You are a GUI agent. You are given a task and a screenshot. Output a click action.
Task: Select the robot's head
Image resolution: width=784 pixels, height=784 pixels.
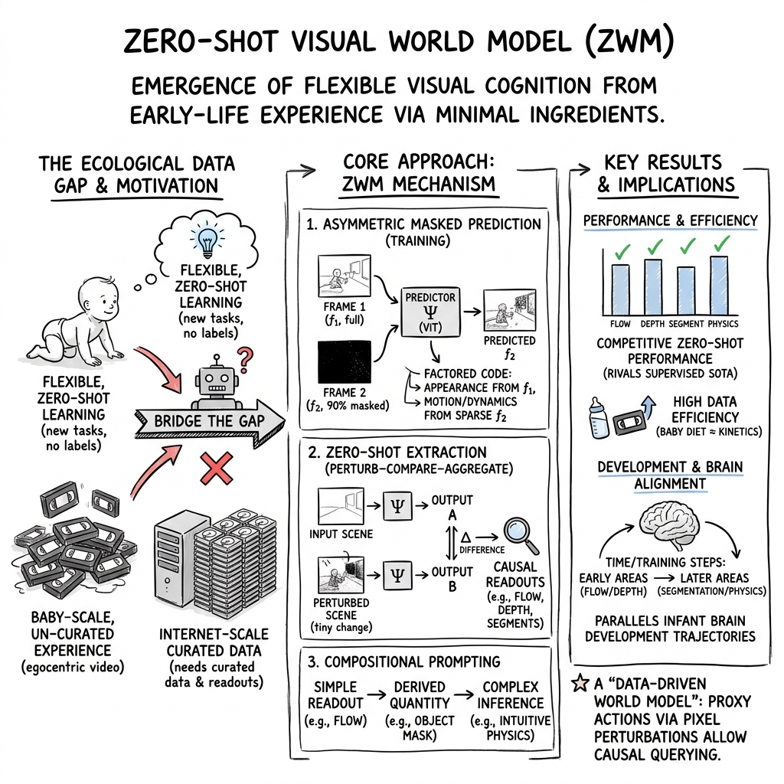pos(214,380)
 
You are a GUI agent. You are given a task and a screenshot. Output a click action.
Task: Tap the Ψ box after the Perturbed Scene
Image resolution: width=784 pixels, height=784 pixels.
pos(399,570)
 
